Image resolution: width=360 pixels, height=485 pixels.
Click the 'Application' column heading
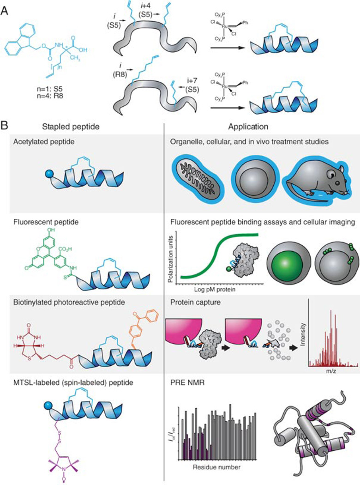252,125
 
